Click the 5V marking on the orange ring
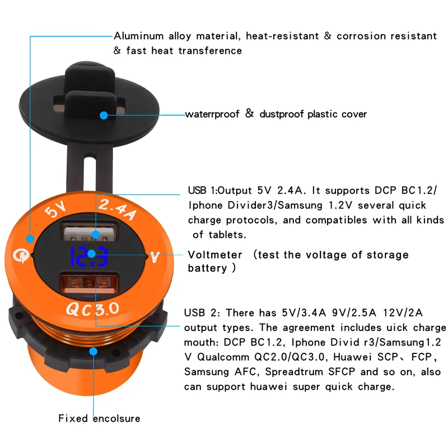pyautogui.click(x=55, y=212)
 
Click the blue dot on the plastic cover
pyautogui.click(x=104, y=115)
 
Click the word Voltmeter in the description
pyautogui.click(x=215, y=255)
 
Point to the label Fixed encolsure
pyautogui.click(x=99, y=418)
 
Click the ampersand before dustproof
pyautogui.click(x=249, y=114)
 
